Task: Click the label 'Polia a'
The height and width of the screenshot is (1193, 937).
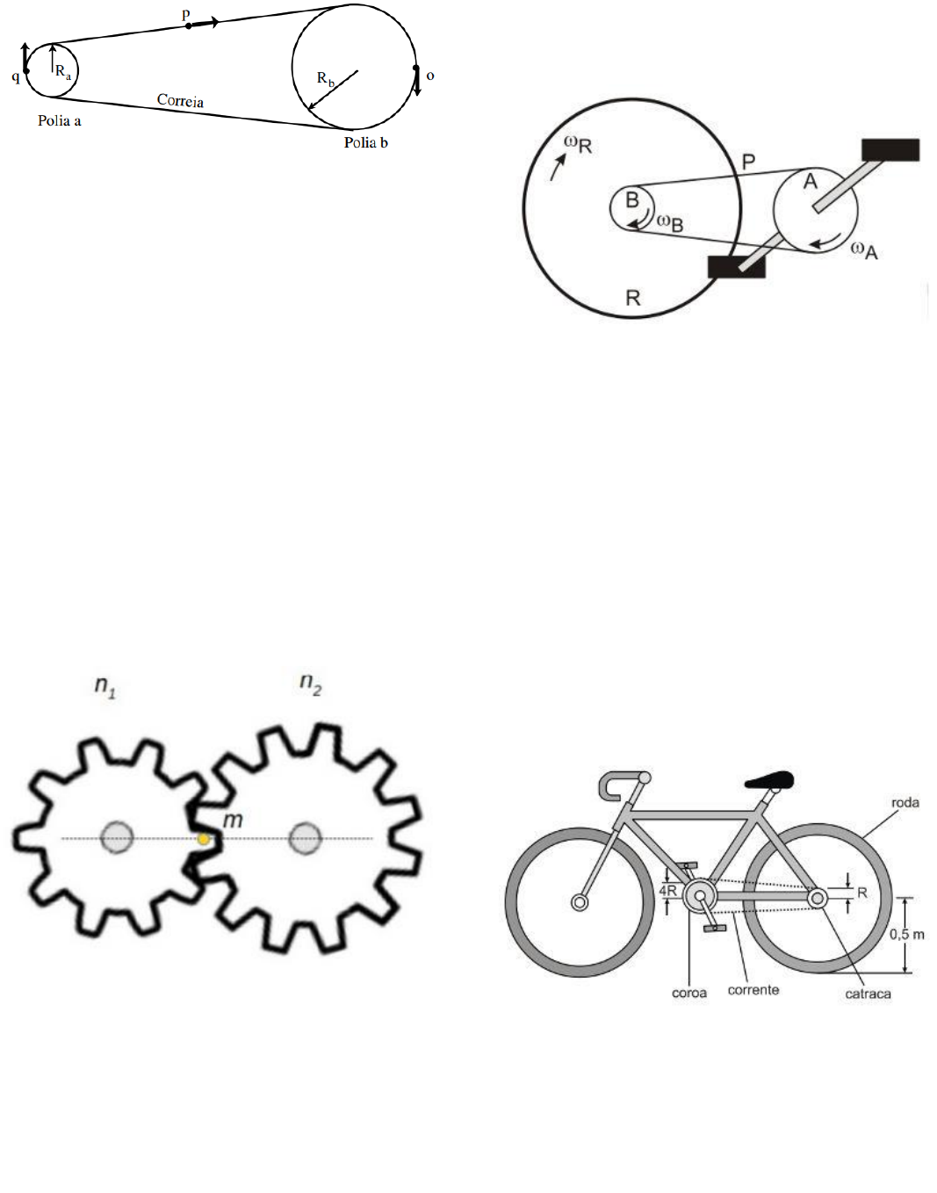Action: [59, 120]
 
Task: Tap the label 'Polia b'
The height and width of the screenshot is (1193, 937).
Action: [366, 142]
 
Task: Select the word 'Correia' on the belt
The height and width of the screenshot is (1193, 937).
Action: [180, 100]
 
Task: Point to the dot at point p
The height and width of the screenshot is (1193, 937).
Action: [188, 25]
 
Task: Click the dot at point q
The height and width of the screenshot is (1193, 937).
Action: [26, 71]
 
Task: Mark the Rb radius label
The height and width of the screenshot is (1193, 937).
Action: [325, 79]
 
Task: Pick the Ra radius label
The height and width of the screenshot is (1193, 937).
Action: [63, 72]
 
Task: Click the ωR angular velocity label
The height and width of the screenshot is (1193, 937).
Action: [578, 145]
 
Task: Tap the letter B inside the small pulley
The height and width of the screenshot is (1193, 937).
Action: [632, 199]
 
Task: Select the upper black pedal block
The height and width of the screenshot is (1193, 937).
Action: [890, 150]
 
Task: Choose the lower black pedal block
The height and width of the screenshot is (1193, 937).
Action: [736, 267]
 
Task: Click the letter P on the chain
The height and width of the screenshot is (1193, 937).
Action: [748, 162]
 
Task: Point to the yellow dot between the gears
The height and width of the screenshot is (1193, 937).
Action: [204, 840]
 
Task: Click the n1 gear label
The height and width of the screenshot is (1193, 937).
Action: [105, 686]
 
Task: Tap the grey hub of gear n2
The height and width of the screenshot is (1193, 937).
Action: [306, 838]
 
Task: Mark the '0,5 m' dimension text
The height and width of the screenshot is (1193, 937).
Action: [907, 934]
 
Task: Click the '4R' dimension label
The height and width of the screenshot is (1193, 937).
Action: [668, 891]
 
